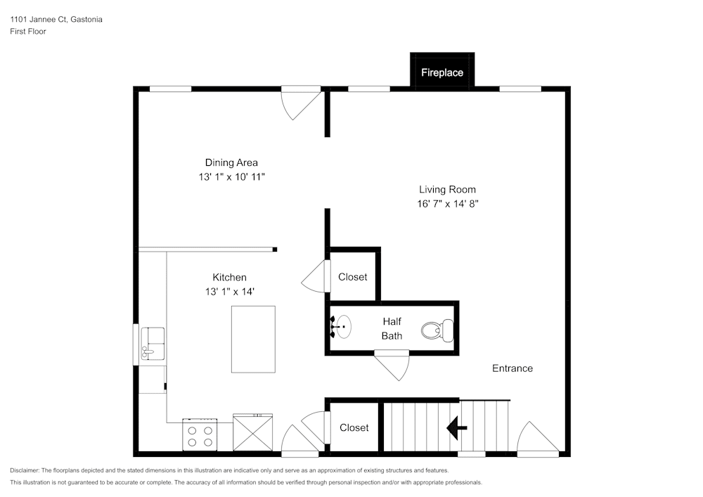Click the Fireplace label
[442, 72]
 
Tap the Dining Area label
[231, 162]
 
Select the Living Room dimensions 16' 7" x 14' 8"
[447, 204]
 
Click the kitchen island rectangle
[253, 340]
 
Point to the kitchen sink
[153, 344]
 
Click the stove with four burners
[200, 434]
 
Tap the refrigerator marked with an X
[253, 432]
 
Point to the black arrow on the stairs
[457, 427]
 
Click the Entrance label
[512, 368]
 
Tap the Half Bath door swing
[392, 366]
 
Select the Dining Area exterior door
[301, 103]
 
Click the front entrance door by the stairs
[538, 439]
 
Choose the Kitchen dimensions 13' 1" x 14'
[230, 292]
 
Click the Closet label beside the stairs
[354, 428]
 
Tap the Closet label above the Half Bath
[353, 277]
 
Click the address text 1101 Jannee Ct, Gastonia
[56, 19]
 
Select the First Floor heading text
[28, 32]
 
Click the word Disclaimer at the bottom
[24, 470]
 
